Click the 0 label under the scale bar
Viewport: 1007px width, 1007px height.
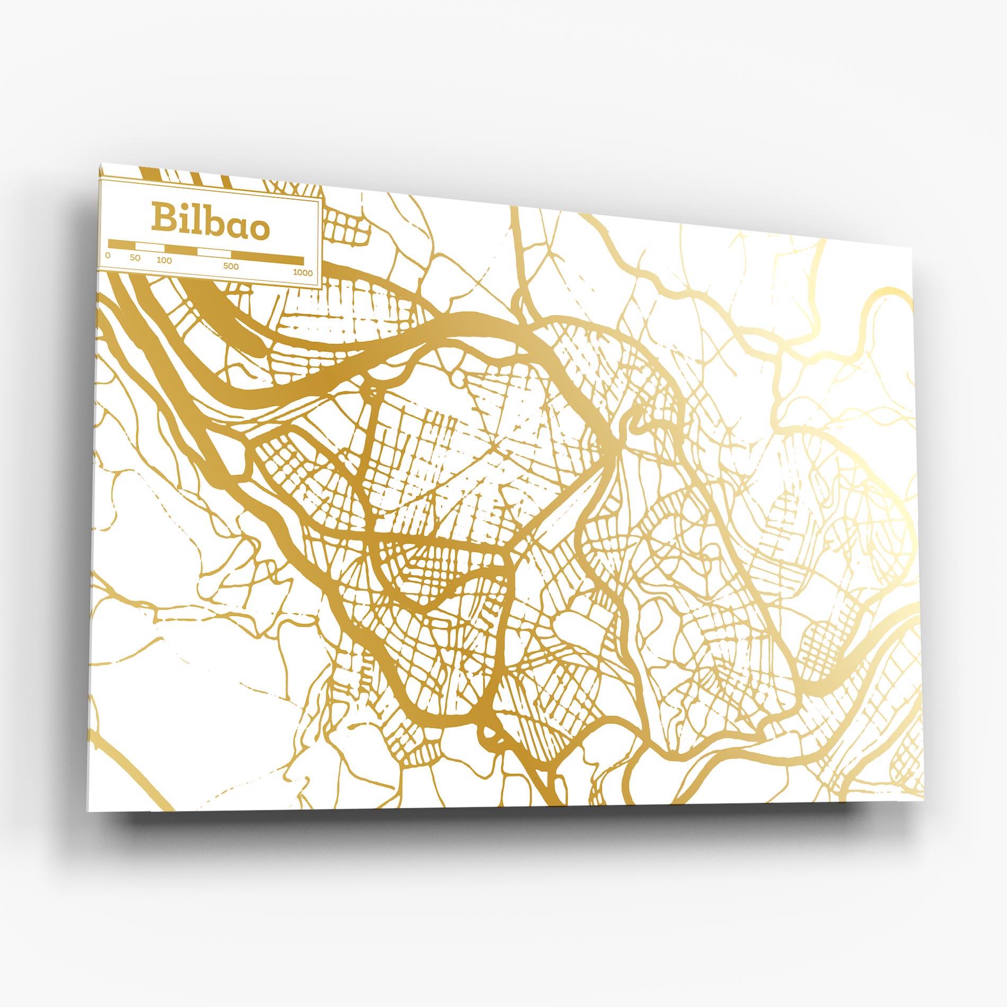click(108, 255)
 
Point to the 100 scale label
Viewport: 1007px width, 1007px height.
click(164, 260)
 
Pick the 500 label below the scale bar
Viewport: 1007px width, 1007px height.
click(231, 267)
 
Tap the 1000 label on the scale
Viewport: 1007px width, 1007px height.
click(303, 273)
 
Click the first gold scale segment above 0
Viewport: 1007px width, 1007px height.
click(121, 244)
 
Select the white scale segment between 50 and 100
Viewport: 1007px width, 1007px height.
click(149, 247)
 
